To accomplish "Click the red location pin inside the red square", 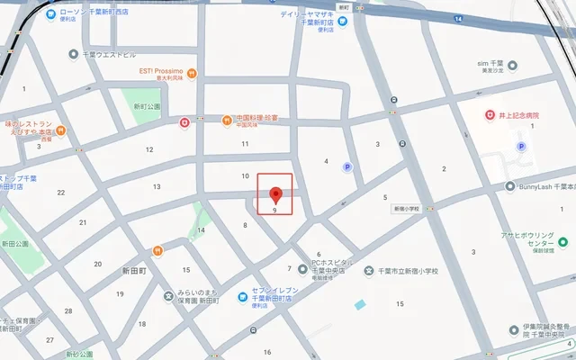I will [x=275, y=193].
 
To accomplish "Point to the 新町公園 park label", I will [x=147, y=106].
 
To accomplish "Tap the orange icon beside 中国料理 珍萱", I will [x=228, y=120].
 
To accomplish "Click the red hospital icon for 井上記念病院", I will [x=490, y=115].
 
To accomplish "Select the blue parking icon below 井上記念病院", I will [x=519, y=147].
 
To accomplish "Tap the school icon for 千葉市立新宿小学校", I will [x=369, y=270].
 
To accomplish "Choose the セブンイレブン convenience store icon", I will [x=242, y=298].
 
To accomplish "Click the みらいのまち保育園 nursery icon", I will [x=167, y=296].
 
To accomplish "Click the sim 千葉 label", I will [x=496, y=64].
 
